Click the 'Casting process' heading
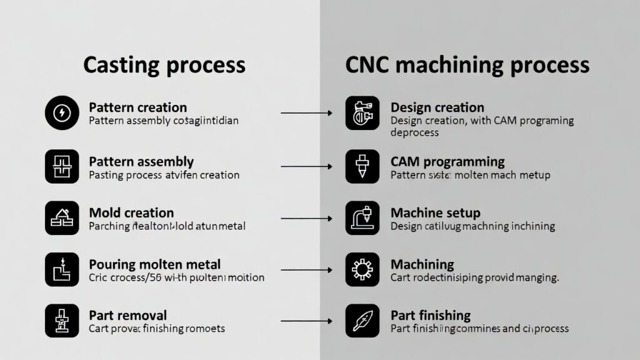164,64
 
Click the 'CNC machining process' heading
467,64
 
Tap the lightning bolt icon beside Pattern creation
62,113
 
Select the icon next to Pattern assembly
62,166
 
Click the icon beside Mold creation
62,218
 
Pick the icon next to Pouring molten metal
62,270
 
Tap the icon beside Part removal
62,321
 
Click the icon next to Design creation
362,113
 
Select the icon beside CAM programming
362,166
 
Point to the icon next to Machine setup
362,218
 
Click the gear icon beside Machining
362,270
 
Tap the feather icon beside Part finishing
362,321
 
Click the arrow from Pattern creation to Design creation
306,113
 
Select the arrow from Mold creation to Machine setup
306,218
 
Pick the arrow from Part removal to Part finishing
306,321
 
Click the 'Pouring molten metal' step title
154,264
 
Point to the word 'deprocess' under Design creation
414,132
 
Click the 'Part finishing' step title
431,316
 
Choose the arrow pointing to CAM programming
306,166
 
